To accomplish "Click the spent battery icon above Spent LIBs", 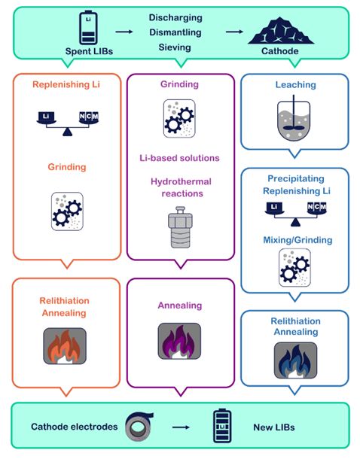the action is pos(88,28).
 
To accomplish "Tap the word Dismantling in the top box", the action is pos(175,32).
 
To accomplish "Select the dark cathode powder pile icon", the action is pos(281,31).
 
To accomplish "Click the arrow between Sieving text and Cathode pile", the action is pos(234,32).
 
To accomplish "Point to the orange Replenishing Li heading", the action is pos(66,84).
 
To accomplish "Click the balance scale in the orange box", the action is pos(67,123).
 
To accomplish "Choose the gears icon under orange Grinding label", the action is pos(67,211).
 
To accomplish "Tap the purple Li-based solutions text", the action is pos(179,158).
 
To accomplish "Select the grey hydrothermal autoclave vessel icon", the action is pos(180,227).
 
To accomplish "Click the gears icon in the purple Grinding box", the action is pos(179,119).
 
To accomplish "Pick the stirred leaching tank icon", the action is pos(294,117).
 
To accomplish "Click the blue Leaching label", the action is pos(295,85).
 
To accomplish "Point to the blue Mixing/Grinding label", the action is pos(297,240).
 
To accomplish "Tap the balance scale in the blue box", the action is pos(295,214).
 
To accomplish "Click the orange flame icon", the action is pos(65,346).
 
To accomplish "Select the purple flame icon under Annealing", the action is pos(179,341).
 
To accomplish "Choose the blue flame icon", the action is pos(295,360).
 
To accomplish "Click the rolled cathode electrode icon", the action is pos(139,426).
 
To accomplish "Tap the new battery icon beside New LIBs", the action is pos(222,426).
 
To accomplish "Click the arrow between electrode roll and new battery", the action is pos(181,427).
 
